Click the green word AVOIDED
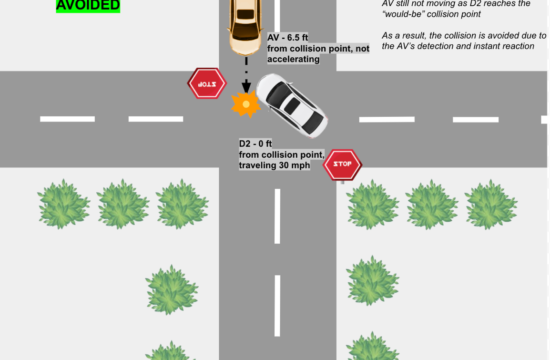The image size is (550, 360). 89,5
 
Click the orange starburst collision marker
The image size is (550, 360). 243,103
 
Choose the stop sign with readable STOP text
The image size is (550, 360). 343,163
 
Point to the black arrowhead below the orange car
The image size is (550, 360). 245,89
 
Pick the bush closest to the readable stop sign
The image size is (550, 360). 373,203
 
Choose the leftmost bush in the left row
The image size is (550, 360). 64,203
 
